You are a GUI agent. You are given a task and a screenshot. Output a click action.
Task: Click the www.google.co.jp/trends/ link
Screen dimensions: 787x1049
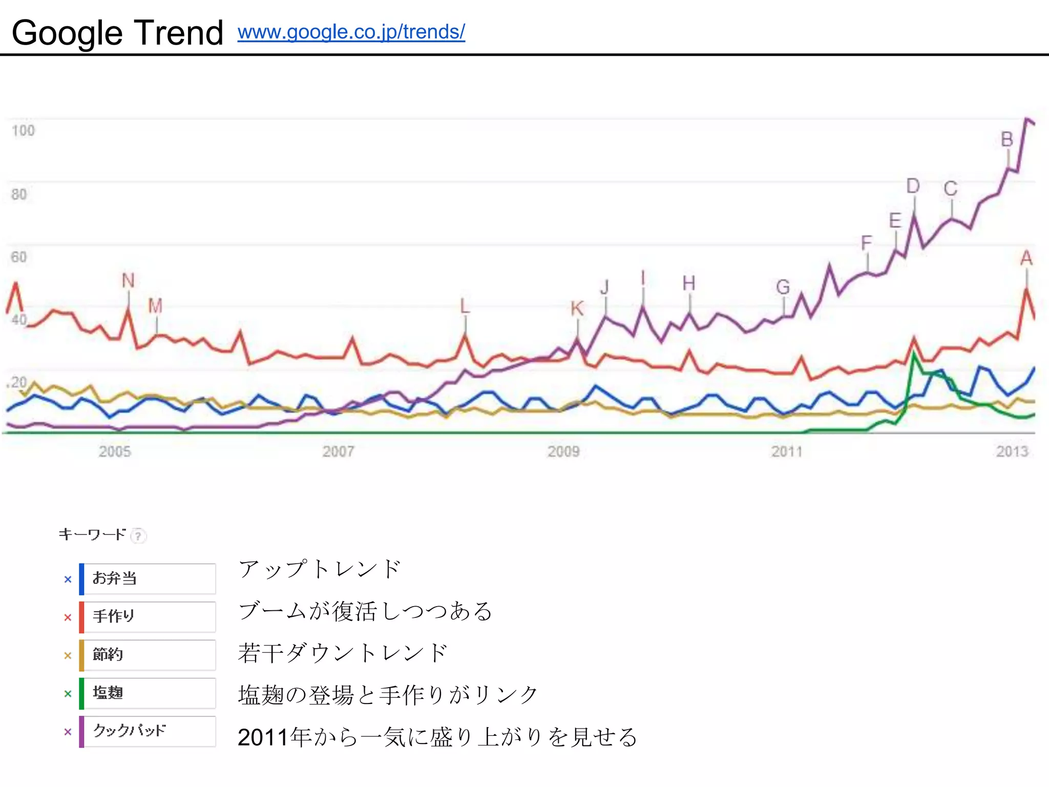tap(351, 32)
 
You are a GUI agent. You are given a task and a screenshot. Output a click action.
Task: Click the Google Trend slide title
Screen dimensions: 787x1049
tap(117, 33)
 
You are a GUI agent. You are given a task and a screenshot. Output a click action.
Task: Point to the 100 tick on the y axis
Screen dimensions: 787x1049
tap(23, 131)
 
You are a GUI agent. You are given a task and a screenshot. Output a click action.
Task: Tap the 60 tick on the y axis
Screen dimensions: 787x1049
tap(19, 257)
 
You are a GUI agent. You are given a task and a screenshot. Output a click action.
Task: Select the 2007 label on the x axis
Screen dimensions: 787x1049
tap(338, 451)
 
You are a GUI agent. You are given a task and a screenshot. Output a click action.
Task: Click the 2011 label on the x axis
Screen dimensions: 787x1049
tap(787, 451)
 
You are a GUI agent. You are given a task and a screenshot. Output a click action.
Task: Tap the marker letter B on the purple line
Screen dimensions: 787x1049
tap(1007, 139)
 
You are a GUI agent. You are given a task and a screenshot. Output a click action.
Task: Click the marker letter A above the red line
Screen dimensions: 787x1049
tap(1026, 258)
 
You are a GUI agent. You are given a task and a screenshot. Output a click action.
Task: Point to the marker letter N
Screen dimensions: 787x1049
tap(128, 280)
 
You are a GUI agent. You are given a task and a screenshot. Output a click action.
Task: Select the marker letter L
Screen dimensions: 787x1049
tap(465, 306)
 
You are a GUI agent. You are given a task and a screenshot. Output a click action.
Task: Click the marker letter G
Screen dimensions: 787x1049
tap(783, 287)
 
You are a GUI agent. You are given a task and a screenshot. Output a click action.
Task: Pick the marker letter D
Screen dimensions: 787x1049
tap(913, 186)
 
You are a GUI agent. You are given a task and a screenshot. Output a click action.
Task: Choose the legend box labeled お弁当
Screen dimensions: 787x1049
tap(149, 578)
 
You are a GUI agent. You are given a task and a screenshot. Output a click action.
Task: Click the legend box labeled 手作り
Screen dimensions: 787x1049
tap(149, 616)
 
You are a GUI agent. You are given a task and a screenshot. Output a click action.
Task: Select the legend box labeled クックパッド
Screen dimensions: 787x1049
tap(149, 731)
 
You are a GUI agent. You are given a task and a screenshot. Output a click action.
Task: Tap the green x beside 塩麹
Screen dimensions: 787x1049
tap(68, 694)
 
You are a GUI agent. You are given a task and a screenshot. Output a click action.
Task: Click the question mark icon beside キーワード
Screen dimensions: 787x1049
tap(138, 536)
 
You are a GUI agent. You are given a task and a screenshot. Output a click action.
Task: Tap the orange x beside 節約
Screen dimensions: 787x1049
tap(68, 655)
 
